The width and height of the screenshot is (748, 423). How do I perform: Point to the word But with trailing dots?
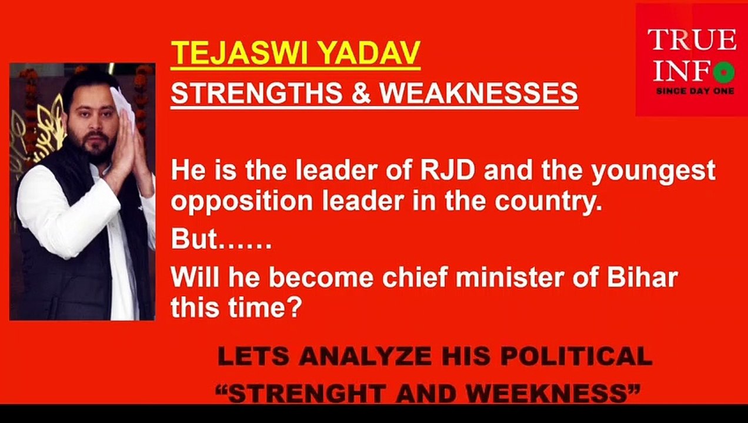pyautogui.click(x=221, y=240)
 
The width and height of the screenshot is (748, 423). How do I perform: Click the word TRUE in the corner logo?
pyautogui.click(x=692, y=40)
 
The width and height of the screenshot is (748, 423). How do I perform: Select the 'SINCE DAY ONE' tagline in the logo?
pyautogui.click(x=694, y=92)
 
